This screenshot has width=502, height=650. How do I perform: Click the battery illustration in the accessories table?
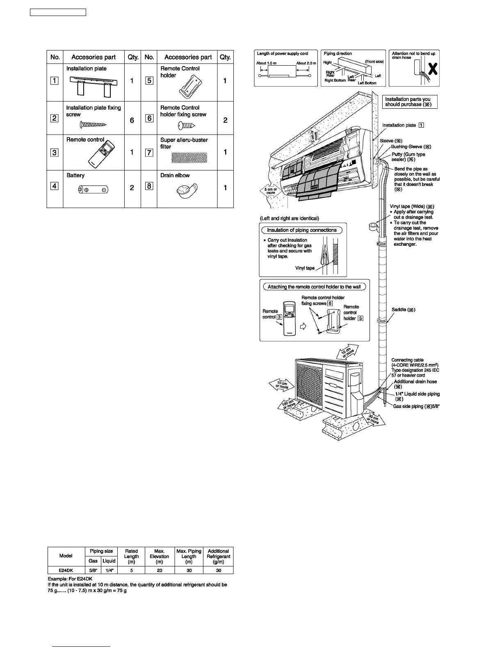[94, 190]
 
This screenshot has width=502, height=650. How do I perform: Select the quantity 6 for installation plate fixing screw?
[132, 120]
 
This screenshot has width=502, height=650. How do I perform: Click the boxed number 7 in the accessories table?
[149, 153]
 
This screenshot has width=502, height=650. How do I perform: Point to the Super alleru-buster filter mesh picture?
[189, 158]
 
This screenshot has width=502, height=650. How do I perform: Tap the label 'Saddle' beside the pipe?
[403, 310]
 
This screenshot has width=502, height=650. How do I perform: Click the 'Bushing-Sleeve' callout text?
[411, 146]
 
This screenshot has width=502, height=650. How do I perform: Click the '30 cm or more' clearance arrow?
[373, 419]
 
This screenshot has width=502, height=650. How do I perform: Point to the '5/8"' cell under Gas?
[93, 570]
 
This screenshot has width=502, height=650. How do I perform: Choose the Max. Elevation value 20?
[159, 570]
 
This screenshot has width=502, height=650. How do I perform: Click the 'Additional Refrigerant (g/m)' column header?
[218, 556]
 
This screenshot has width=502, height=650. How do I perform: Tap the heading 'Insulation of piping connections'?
[302, 230]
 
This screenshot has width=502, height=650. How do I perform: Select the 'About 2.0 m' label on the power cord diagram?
[306, 63]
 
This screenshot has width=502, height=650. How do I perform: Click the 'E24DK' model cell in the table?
[66, 570]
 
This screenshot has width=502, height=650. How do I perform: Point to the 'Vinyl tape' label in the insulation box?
[305, 268]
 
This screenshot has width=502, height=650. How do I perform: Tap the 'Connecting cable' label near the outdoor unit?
[407, 360]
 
